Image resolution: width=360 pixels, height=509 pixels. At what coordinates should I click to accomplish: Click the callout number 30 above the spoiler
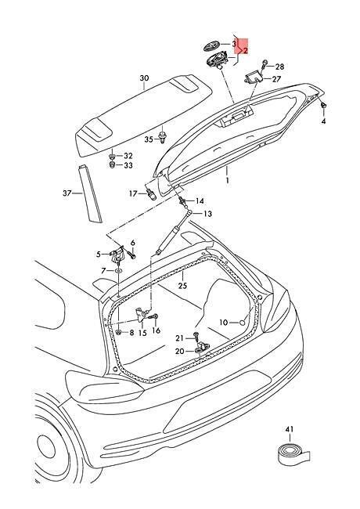tap(144, 78)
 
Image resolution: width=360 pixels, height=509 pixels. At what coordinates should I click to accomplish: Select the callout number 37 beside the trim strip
tap(67, 193)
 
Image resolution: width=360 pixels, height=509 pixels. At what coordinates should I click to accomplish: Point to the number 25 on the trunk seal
tap(182, 286)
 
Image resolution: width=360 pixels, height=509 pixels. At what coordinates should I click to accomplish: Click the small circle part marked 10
tap(242, 323)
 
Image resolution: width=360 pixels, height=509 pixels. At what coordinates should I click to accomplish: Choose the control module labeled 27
tap(253, 78)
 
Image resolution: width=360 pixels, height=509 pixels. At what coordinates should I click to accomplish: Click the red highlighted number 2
tap(246, 50)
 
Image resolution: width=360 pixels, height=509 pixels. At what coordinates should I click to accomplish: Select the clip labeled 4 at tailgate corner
tap(324, 106)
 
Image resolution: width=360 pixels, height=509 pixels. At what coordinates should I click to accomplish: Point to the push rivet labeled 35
tap(162, 139)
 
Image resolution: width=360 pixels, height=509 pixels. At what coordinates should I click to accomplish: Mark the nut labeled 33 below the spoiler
tap(112, 165)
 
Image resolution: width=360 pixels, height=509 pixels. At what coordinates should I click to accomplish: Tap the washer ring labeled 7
tap(118, 270)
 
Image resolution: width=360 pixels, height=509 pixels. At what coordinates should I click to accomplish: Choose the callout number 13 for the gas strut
tap(207, 214)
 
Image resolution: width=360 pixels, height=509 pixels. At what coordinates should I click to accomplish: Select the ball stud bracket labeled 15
tap(142, 315)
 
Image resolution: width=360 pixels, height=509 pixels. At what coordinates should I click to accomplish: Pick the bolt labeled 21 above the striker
tap(196, 336)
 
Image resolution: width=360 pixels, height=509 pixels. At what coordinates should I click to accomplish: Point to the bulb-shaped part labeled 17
tap(151, 194)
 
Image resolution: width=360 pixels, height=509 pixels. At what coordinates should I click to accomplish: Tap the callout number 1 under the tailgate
tap(228, 180)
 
